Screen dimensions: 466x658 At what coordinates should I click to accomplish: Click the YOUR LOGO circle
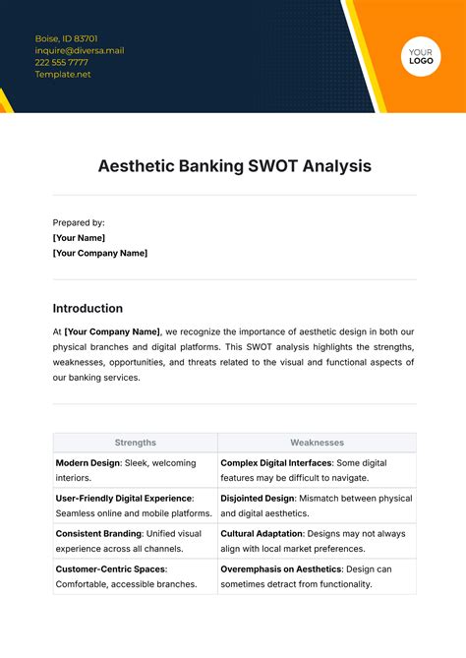coord(421,55)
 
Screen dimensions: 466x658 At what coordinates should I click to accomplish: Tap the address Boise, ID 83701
coord(66,39)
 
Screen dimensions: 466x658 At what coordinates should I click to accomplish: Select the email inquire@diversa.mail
coord(80,51)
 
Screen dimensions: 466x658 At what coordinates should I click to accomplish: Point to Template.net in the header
coord(63,75)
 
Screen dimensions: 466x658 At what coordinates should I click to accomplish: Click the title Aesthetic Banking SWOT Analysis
coord(234,166)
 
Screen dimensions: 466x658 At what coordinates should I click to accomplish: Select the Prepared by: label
coord(79,222)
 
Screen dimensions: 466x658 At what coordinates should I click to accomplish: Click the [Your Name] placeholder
coord(79,238)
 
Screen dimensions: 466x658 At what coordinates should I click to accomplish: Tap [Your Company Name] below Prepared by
coord(100,253)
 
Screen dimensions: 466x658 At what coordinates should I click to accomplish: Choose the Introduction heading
coord(87,308)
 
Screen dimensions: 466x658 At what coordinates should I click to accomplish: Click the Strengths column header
coord(136,443)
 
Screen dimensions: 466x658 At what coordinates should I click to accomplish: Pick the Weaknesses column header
coord(317,443)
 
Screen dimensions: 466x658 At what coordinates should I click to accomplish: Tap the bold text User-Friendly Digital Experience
coord(124,499)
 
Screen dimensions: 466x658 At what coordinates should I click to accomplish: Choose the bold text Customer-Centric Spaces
coord(111,569)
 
